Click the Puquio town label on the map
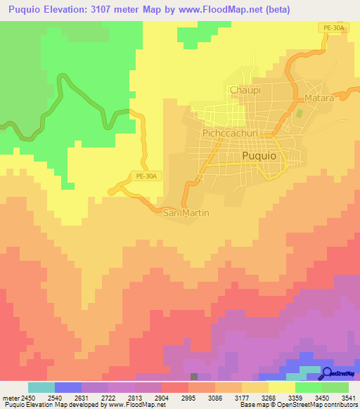[x=261, y=156]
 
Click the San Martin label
[x=186, y=212]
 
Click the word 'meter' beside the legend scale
[x=11, y=398]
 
